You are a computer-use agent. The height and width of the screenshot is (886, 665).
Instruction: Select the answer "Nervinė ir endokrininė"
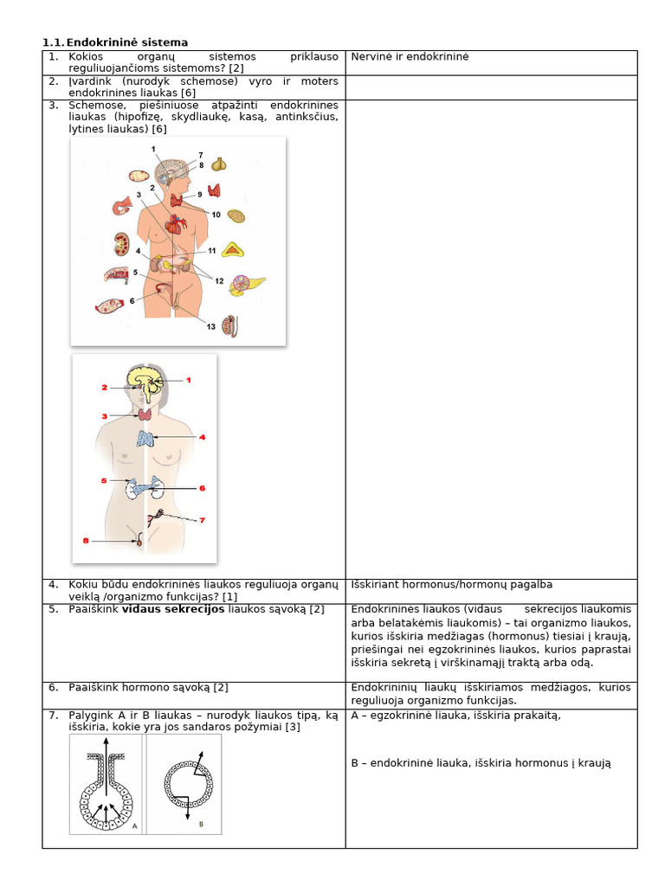pyautogui.click(x=410, y=56)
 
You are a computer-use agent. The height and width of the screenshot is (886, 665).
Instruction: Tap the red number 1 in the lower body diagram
pyautogui.click(x=188, y=380)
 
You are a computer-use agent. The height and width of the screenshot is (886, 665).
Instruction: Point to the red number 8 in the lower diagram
pyautogui.click(x=86, y=541)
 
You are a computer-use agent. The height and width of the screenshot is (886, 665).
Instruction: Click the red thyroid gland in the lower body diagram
pyautogui.click(x=148, y=415)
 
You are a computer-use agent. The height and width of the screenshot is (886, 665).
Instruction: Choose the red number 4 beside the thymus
pyautogui.click(x=202, y=438)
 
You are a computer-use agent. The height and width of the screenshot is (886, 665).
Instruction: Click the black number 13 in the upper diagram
pyautogui.click(x=210, y=326)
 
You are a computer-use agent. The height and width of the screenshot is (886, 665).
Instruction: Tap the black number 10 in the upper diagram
pyautogui.click(x=216, y=214)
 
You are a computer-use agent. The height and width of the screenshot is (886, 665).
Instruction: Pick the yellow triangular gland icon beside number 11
pyautogui.click(x=232, y=250)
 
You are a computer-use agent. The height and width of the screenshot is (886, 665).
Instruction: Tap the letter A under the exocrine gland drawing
pyautogui.click(x=134, y=826)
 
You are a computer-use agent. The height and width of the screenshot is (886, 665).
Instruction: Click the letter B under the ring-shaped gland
pyautogui.click(x=201, y=824)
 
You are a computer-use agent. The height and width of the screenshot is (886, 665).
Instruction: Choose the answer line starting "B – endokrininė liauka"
pyautogui.click(x=481, y=762)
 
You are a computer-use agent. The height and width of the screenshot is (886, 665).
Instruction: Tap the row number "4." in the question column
pyautogui.click(x=53, y=584)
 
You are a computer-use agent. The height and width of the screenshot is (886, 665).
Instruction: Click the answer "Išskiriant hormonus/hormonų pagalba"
pyautogui.click(x=451, y=584)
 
